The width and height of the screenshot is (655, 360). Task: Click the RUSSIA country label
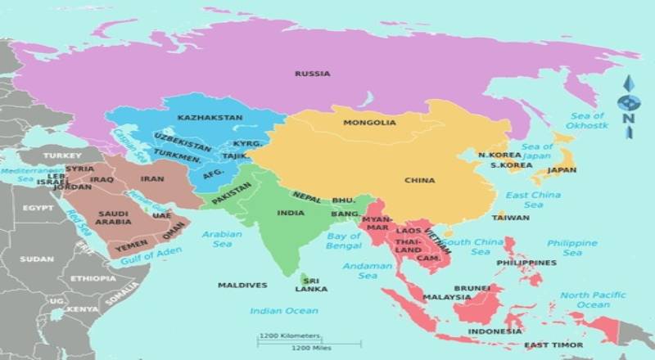313,74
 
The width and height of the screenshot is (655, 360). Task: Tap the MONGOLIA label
370,123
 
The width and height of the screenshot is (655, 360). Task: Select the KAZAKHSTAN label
210,118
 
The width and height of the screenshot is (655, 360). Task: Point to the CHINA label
419,180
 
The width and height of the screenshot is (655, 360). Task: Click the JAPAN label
562,171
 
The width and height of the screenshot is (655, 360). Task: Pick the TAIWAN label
510,218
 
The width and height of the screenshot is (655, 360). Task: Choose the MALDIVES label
242,286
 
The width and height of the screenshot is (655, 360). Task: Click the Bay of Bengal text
344,241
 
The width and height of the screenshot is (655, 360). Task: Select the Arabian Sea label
222,238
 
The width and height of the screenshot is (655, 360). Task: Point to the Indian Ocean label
283,311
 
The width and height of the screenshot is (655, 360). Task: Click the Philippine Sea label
572,248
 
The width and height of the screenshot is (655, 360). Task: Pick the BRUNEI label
472,288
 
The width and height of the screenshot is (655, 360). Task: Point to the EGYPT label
36,208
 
